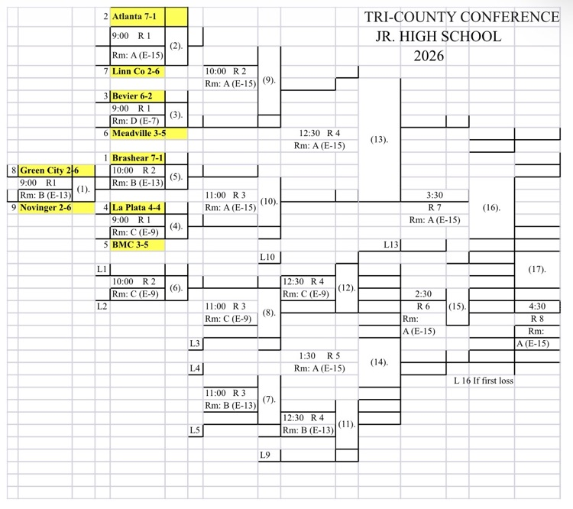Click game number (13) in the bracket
(380, 140)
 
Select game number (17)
(537, 269)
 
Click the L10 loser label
(267, 258)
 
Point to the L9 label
(265, 456)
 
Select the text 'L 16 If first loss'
(483, 381)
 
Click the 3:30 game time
(435, 195)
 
